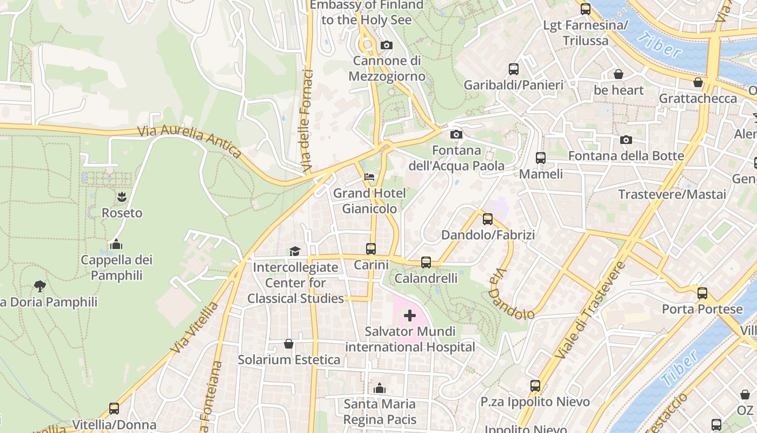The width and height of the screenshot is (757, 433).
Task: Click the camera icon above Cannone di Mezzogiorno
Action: click(x=386, y=45)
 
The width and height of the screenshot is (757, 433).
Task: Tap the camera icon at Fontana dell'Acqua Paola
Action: click(x=456, y=134)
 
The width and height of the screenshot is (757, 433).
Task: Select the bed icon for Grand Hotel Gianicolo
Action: click(x=369, y=177)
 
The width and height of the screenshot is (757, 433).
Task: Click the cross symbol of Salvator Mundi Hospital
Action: click(x=410, y=315)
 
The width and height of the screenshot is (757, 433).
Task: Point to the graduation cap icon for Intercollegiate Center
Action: click(x=295, y=251)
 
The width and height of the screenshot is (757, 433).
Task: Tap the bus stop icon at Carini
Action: click(x=371, y=249)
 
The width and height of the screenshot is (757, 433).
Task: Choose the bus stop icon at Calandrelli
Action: click(x=426, y=263)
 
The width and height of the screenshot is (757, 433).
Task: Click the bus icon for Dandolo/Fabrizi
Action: click(x=488, y=219)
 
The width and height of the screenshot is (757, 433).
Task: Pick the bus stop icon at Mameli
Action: click(x=541, y=158)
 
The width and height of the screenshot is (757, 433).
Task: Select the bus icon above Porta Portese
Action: click(x=702, y=293)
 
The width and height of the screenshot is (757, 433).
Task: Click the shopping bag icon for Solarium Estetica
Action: click(x=289, y=344)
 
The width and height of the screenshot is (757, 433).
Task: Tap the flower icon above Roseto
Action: click(x=122, y=196)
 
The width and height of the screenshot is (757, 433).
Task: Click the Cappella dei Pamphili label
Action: click(x=117, y=267)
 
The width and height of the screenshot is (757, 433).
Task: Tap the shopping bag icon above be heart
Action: click(x=618, y=74)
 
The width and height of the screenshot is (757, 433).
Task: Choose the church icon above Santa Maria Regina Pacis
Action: click(x=380, y=388)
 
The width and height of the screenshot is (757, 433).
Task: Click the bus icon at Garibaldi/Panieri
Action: click(x=514, y=69)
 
